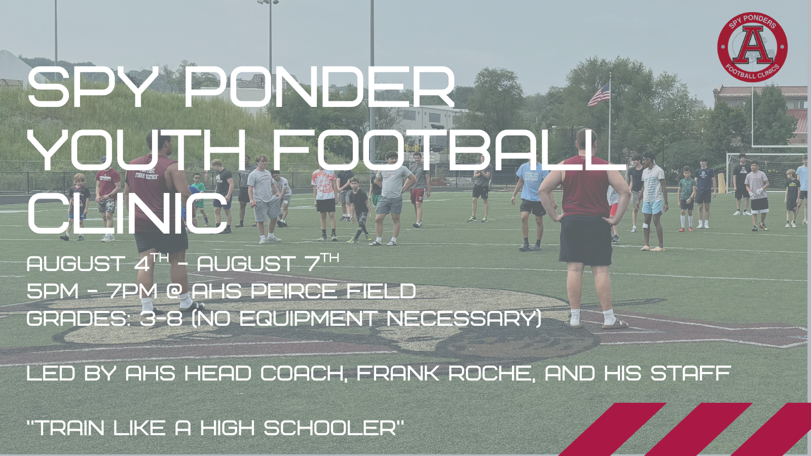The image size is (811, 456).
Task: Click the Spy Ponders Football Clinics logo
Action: (752, 47)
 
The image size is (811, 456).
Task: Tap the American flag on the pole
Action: (599, 95)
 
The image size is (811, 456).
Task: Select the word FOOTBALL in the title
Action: (449, 150)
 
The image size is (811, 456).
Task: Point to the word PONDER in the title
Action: (319, 87)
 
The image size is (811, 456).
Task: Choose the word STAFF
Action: (690, 374)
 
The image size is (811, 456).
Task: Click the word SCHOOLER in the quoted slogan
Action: (329, 429)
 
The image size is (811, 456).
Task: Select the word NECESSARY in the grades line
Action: (463, 319)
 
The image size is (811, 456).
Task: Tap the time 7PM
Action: (132, 291)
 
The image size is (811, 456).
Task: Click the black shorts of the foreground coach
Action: (585, 239)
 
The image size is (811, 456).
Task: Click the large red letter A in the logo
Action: (753, 46)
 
